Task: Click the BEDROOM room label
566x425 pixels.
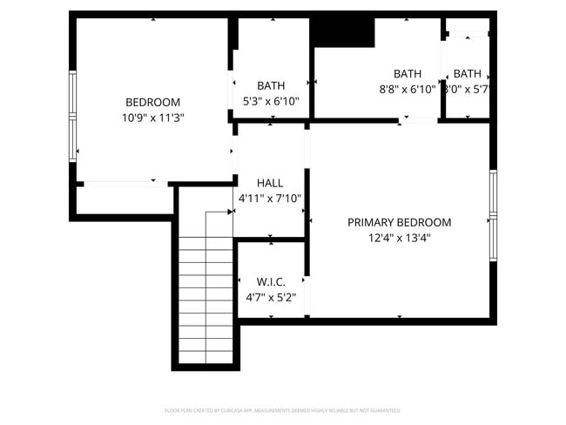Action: tap(152, 102)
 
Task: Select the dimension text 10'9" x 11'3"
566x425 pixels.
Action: tap(152, 117)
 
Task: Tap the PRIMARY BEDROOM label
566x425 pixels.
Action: tap(399, 222)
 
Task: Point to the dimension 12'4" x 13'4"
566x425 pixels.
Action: tap(399, 237)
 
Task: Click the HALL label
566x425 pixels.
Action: tap(270, 184)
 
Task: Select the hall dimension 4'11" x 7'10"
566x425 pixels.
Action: tap(270, 199)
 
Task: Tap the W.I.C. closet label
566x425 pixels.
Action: tap(271, 282)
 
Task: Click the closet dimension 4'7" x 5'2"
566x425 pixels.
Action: tap(271, 297)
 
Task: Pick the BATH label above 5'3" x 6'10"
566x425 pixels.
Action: tap(271, 85)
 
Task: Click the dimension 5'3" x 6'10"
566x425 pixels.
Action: tap(271, 100)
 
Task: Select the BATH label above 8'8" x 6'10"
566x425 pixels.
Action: tap(407, 74)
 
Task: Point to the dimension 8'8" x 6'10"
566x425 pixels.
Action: tap(407, 89)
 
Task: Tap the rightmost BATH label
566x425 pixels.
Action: tap(467, 74)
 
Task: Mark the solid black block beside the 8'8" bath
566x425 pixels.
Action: tap(342, 32)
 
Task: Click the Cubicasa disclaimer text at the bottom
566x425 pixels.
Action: tap(282, 410)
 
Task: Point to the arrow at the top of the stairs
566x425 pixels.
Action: tap(230, 212)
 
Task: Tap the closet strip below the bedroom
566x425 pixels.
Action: tap(122, 199)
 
